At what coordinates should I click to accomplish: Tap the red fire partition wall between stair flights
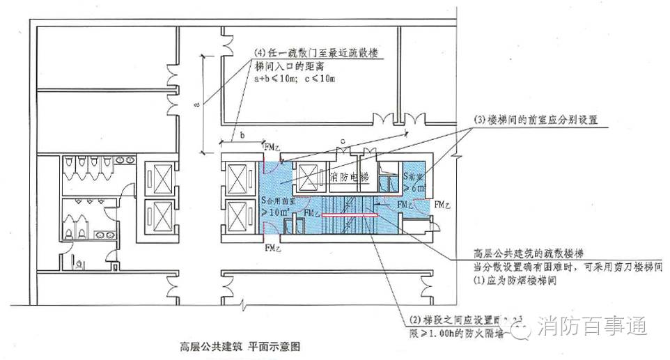350,216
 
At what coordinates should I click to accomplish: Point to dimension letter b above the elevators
242,135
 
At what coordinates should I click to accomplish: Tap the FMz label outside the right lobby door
443,206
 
